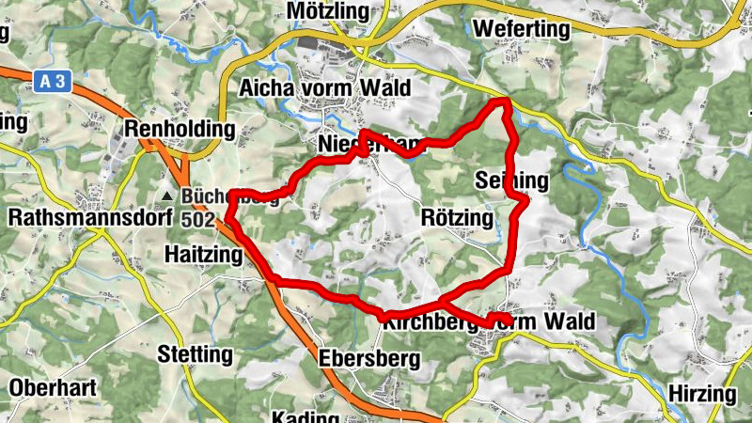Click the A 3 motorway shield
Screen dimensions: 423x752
click(55, 83)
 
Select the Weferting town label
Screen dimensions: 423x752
click(523, 29)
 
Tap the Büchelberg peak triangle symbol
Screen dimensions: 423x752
click(166, 196)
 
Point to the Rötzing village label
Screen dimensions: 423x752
click(458, 218)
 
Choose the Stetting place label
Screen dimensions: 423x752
click(196, 355)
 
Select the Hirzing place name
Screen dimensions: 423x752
click(703, 393)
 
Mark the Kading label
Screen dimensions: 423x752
click(303, 416)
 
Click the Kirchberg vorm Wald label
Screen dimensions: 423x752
click(489, 322)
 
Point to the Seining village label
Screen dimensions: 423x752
click(510, 180)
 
